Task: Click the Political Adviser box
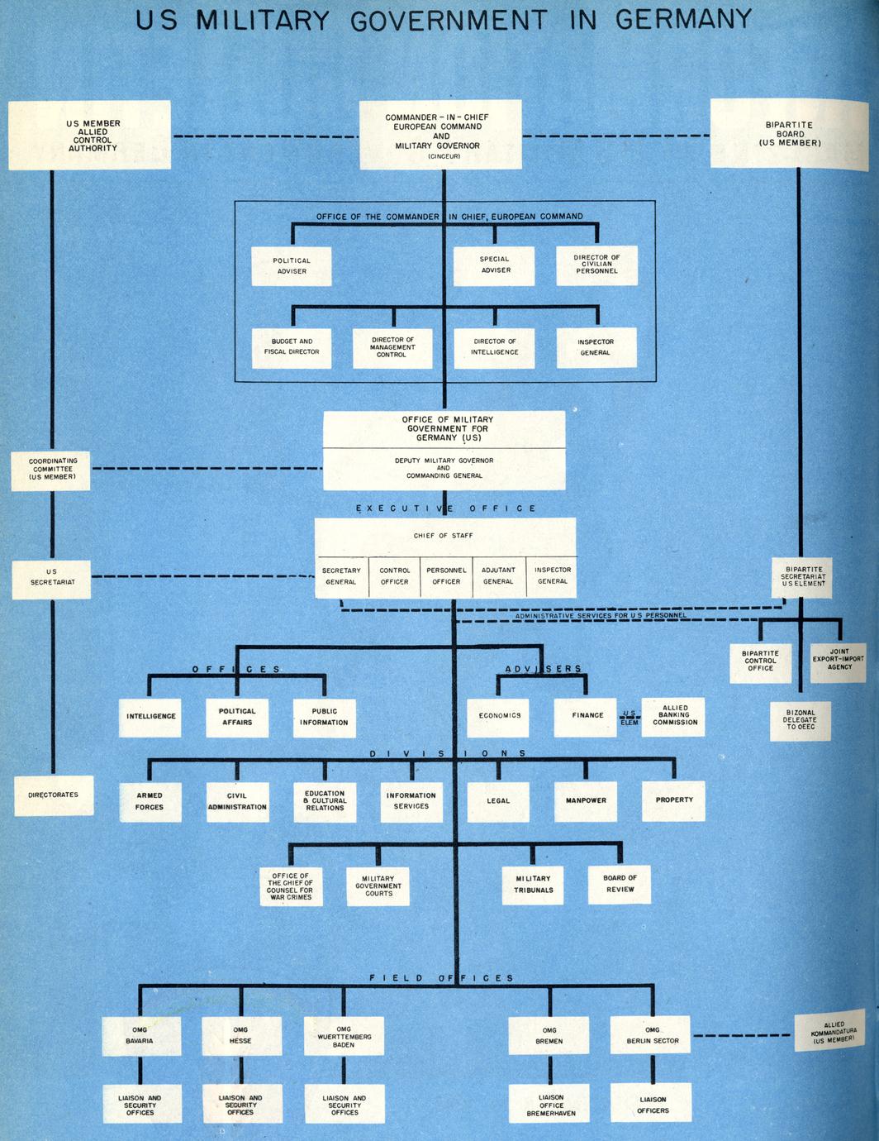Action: click(292, 266)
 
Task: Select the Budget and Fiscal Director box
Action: click(292, 347)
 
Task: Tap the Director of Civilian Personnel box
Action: click(596, 265)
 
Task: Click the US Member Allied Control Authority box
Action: click(90, 136)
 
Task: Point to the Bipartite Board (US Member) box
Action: click(790, 134)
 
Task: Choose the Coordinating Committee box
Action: click(51, 470)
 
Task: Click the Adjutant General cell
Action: click(498, 575)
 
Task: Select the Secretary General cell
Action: click(341, 575)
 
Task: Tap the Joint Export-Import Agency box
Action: click(839, 661)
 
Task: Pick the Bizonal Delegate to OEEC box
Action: click(800, 720)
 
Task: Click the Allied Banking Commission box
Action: click(674, 716)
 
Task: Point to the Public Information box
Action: click(324, 717)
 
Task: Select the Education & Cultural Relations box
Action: click(325, 801)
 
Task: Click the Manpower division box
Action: click(586, 801)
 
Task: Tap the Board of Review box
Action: click(620, 884)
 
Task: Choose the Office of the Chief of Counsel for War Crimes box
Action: click(290, 886)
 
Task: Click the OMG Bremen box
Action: click(549, 1036)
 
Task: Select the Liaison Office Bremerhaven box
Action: click(551, 1105)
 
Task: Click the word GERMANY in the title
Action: click(683, 19)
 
